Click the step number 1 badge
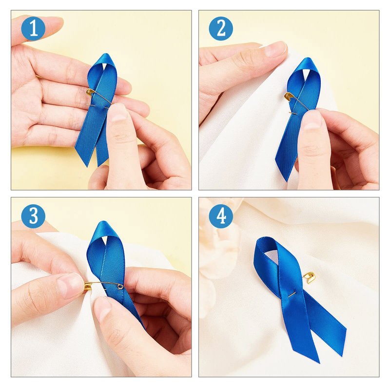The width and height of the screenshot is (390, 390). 33,29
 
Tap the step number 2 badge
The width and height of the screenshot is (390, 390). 221,29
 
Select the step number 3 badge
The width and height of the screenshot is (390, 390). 33,216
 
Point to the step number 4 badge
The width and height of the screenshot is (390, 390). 221,216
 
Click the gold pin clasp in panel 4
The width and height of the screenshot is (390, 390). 309,277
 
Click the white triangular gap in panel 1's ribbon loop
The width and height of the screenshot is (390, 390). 104,66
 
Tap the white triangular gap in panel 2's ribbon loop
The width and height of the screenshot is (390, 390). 306,73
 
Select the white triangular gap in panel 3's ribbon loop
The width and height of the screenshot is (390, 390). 105,240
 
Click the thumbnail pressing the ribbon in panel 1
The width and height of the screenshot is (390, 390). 117,113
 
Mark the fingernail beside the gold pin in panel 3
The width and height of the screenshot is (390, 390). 71,286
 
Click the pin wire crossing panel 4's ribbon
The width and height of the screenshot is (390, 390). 292,294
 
